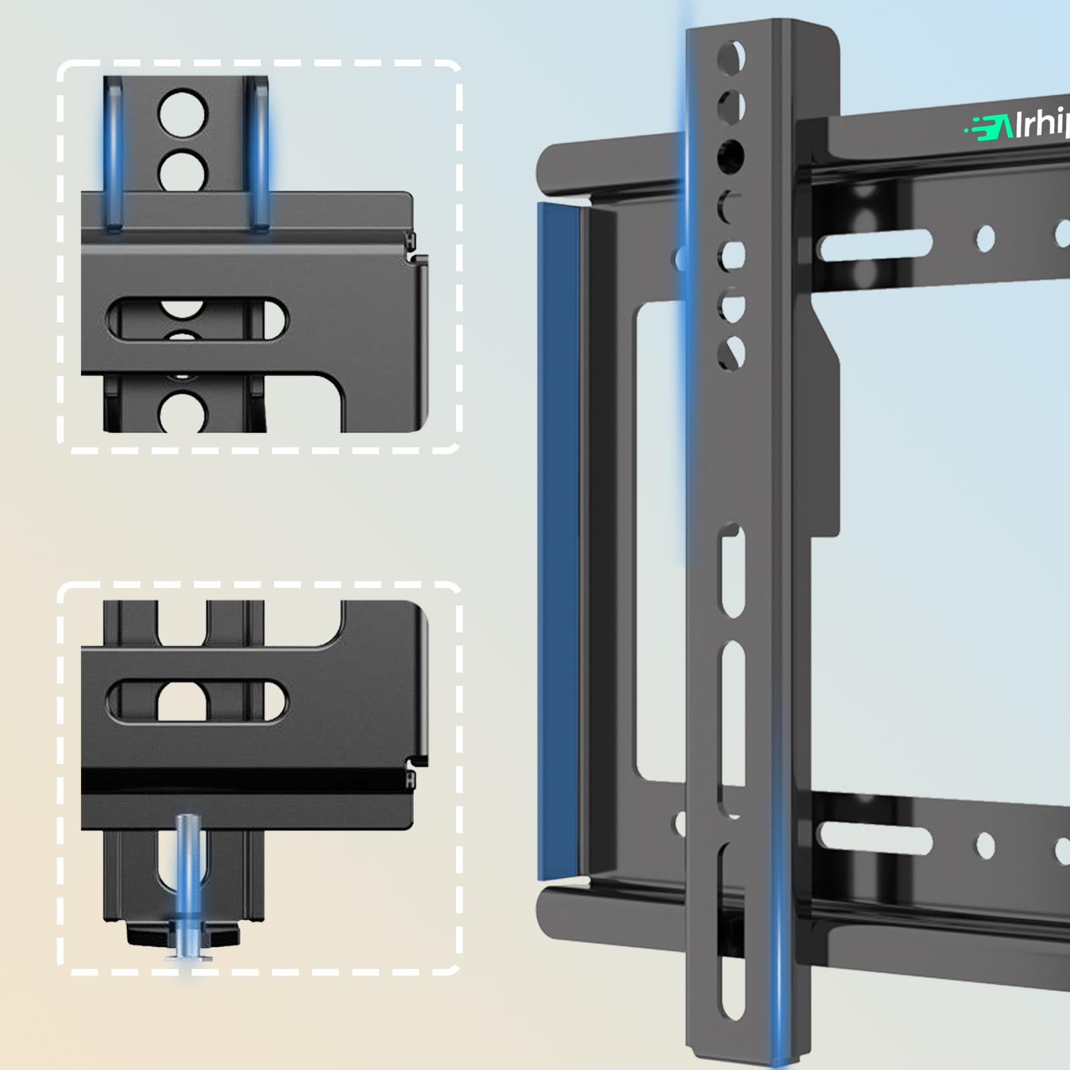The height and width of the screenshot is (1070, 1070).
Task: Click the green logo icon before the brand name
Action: point(988,126)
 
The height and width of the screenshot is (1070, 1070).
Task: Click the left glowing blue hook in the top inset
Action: point(113,154)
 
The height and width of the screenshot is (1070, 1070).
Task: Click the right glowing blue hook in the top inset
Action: point(260,154)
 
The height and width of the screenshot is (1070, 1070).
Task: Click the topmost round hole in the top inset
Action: point(183,112)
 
